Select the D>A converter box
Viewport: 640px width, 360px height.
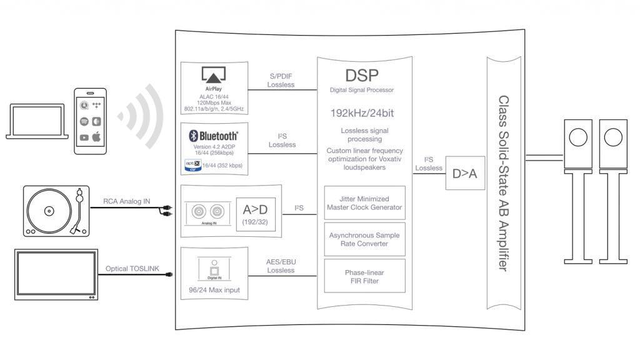point(464,173)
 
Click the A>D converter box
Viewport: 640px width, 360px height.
point(255,214)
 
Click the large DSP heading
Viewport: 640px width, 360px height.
point(362,76)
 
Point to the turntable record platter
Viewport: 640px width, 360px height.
point(49,211)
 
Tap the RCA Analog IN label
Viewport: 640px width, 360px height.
point(126,201)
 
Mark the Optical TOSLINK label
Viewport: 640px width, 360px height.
point(132,269)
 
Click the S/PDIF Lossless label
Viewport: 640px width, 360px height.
point(281,80)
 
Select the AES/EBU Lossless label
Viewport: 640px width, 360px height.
point(280,266)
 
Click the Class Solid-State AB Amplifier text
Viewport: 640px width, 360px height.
point(503,182)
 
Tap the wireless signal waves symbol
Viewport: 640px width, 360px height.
point(141,115)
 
